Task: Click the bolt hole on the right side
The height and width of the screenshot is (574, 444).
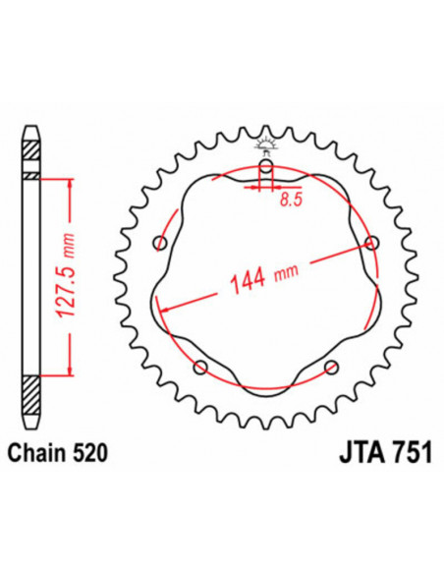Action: coord(371,243)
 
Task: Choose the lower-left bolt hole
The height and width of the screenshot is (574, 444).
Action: coord(200,368)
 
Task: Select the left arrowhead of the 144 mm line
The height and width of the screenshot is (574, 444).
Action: coord(163,308)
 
